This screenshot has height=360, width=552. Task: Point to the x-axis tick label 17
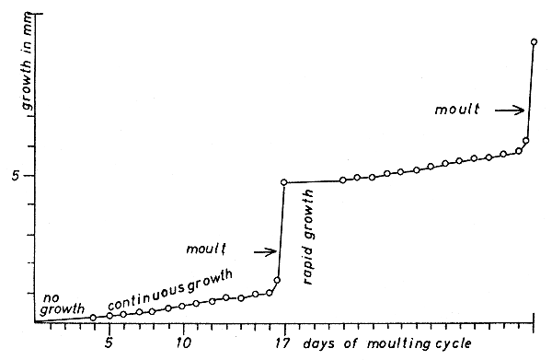pos(284,343)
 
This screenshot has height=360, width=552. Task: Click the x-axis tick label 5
pos(109,343)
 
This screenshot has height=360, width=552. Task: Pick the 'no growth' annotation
pos(62,303)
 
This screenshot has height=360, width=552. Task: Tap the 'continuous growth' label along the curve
pos(170,289)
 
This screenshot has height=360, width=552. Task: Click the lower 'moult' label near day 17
pos(205,249)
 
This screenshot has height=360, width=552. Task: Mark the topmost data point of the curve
pos(534,41)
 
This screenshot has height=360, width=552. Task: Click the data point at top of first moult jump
pos(283,182)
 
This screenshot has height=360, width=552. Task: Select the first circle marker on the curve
pos(93,318)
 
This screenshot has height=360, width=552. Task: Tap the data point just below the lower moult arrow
pos(277,279)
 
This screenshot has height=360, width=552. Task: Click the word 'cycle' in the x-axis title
pos(452,343)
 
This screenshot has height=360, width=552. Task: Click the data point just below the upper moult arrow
pos(525,140)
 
